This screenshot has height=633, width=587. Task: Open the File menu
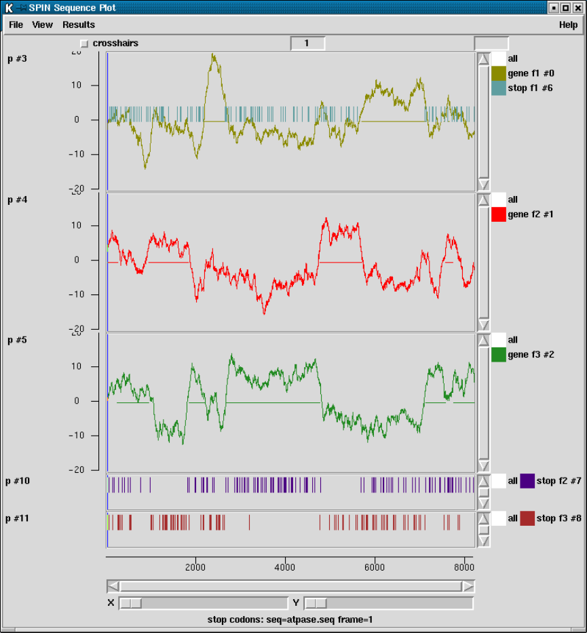click(16, 24)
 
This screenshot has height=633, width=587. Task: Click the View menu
click(42, 24)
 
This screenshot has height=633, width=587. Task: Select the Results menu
click(79, 24)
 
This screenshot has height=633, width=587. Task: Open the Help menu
click(568, 24)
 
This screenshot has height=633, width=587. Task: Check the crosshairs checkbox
click(84, 43)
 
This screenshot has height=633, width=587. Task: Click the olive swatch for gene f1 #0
click(499, 73)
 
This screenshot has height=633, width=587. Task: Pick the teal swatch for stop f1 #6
click(499, 88)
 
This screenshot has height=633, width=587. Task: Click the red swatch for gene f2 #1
click(499, 214)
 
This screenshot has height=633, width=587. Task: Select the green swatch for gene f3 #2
click(499, 354)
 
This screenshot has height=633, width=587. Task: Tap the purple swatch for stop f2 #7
click(527, 481)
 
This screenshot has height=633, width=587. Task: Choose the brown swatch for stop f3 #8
click(527, 518)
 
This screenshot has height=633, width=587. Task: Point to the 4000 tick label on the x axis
click(285, 567)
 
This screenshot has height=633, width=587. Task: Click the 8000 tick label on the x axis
click(463, 567)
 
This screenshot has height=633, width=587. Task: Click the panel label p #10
click(18, 481)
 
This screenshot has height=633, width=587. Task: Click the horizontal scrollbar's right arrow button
click(468, 586)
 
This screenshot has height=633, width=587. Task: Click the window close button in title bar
click(577, 7)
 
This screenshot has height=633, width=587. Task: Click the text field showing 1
click(307, 43)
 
